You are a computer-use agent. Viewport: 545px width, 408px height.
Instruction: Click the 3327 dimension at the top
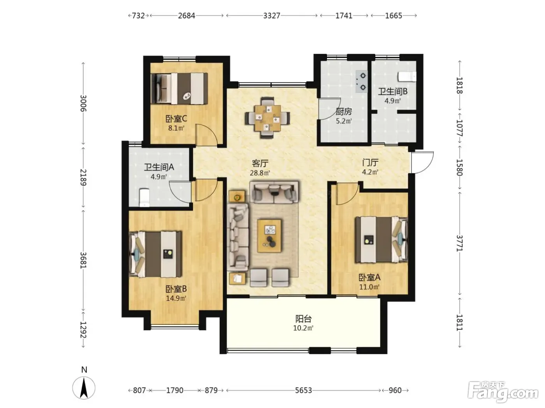click(271, 16)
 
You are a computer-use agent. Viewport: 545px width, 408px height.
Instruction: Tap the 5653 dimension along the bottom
click(303, 391)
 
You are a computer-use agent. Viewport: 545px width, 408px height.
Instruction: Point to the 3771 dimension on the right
click(460, 243)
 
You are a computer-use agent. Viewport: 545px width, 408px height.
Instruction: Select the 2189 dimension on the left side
click(83, 177)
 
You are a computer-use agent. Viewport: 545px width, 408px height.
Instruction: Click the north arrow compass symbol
click(84, 388)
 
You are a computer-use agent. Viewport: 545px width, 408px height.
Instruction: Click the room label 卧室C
click(176, 119)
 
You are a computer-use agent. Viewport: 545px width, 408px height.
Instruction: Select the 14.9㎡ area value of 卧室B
click(176, 298)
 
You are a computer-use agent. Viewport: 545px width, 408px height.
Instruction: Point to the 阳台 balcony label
click(303, 319)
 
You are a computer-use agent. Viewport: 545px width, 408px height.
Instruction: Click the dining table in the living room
click(267, 118)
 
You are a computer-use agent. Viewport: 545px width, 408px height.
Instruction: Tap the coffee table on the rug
click(269, 235)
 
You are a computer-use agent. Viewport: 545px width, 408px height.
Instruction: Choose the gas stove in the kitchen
click(361, 81)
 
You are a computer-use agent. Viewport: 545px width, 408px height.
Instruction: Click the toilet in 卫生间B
click(407, 76)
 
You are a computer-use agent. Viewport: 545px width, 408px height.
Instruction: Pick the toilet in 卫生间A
click(144, 197)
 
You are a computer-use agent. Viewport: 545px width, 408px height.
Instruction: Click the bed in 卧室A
click(381, 239)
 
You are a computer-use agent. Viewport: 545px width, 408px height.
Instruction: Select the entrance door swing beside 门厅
click(422, 162)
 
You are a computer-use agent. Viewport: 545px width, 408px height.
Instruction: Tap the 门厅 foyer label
click(370, 163)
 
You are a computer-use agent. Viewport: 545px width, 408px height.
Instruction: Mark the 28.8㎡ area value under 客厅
click(260, 173)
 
